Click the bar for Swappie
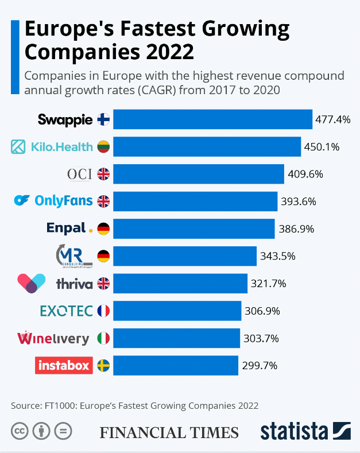(x=212, y=119)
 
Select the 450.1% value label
(x=322, y=147)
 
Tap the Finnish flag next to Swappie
(x=103, y=119)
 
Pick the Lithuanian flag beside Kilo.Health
(x=103, y=147)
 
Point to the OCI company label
(x=79, y=174)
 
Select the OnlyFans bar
(x=195, y=201)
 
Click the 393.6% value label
(x=299, y=202)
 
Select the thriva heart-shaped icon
(x=32, y=283)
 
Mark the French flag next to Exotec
(x=103, y=311)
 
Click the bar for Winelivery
(x=176, y=338)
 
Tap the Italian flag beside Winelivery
(x=103, y=338)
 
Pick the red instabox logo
(x=64, y=365)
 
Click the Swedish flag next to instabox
(x=103, y=365)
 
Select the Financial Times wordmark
(x=169, y=432)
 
